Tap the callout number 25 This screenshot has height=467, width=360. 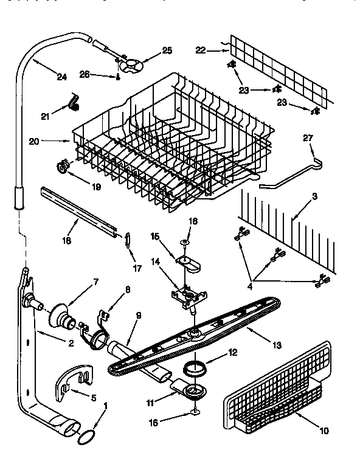click(167, 50)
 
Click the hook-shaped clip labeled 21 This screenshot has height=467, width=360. click(75, 103)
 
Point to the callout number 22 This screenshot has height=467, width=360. click(201, 50)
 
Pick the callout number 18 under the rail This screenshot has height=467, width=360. click(67, 241)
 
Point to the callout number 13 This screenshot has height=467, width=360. click(277, 345)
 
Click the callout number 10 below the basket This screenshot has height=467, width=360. click(324, 431)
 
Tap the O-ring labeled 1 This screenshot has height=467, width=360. click(88, 436)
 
